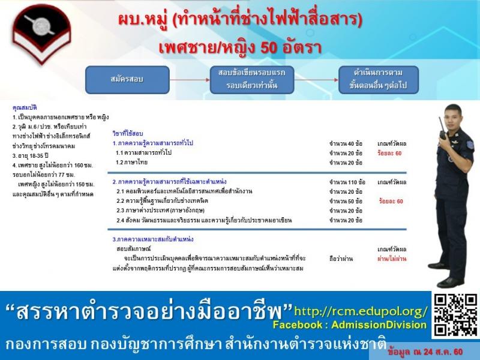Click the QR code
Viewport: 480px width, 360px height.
(x=455, y=315)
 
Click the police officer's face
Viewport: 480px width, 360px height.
(x=452, y=115)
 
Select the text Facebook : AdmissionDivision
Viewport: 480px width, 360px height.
(x=349, y=325)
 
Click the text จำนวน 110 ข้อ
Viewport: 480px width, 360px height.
(x=347, y=182)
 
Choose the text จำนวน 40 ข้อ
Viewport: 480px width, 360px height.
(x=346, y=144)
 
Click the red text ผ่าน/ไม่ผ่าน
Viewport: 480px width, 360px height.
(x=392, y=258)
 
